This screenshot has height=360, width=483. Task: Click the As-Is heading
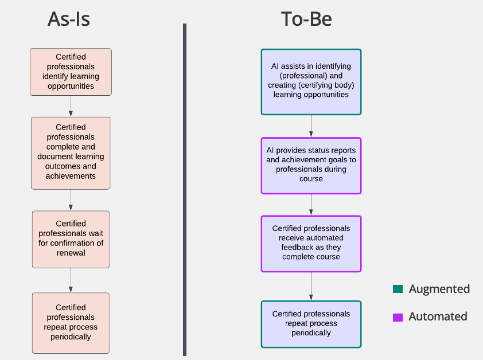pyautogui.click(x=69, y=19)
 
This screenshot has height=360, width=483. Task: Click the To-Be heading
pyautogui.click(x=306, y=19)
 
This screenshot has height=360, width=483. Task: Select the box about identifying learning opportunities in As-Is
pyautogui.click(x=71, y=72)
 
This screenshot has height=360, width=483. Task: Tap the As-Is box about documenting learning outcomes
pyautogui.click(x=71, y=152)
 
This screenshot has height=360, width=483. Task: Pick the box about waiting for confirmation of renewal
pyautogui.click(x=71, y=239)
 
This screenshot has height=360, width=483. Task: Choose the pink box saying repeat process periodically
pyautogui.click(x=71, y=323)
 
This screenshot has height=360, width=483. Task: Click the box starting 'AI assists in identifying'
pyautogui.click(x=311, y=81)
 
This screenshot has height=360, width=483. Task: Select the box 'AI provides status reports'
pyautogui.click(x=311, y=165)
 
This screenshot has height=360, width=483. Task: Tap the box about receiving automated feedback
pyautogui.click(x=311, y=243)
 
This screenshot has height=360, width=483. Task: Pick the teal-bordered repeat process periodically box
pyautogui.click(x=311, y=324)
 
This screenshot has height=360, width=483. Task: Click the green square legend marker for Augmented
pyautogui.click(x=398, y=289)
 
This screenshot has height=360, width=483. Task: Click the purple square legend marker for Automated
pyautogui.click(x=398, y=317)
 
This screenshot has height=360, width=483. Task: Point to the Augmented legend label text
pyautogui.click(x=439, y=289)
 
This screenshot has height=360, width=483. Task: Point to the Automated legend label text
pyautogui.click(x=438, y=317)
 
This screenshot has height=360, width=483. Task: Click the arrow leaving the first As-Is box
pyautogui.click(x=71, y=106)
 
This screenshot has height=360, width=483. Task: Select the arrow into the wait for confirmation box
pyautogui.click(x=71, y=200)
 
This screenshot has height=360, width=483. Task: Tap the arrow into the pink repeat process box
pyautogui.click(x=71, y=280)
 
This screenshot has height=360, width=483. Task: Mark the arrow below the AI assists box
pyautogui.click(x=311, y=126)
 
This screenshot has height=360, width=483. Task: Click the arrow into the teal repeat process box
pyautogui.click(x=311, y=286)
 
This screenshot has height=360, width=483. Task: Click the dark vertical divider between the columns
pyautogui.click(x=185, y=189)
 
